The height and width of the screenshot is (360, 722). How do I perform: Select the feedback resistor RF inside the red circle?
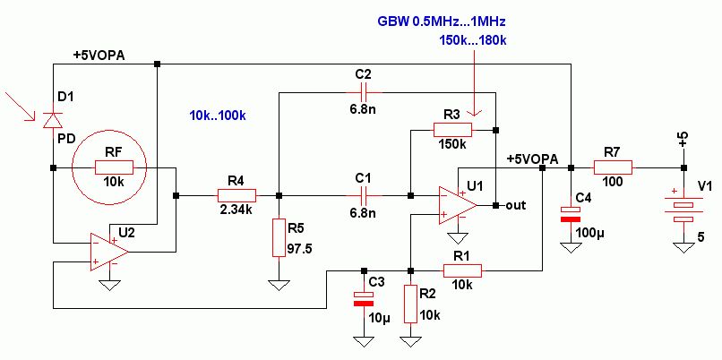114,167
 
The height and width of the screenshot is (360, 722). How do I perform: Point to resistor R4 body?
236,194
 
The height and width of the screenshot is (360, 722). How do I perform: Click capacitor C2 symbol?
363,91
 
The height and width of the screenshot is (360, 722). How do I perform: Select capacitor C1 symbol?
363,194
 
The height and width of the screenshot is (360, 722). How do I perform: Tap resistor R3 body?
452,131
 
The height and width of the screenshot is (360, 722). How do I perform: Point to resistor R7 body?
613,167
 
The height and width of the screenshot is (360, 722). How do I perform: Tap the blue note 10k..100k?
219,116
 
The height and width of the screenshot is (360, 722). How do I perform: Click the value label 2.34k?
236,211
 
